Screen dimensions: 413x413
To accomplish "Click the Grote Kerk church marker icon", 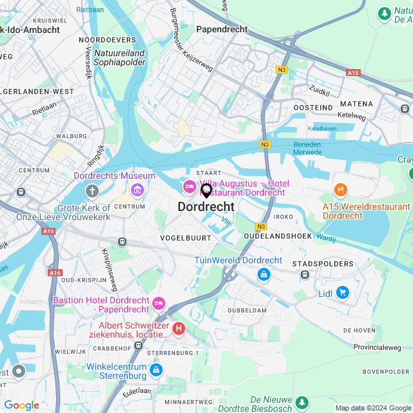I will pyautogui.click(x=92, y=192).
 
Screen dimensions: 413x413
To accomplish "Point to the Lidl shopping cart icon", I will pyautogui.click(x=342, y=293).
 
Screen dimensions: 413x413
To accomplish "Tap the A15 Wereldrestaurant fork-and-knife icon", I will pyautogui.click(x=340, y=190).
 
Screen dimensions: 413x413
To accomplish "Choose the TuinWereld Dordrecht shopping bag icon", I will pyautogui.click(x=263, y=275).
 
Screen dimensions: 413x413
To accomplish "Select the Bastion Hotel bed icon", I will pyautogui.click(x=159, y=302).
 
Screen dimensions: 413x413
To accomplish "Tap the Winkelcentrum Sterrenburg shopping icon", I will pyautogui.click(x=156, y=370).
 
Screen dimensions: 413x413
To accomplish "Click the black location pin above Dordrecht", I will pyautogui.click(x=206, y=190).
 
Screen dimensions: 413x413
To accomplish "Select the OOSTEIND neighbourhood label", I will pyautogui.click(x=313, y=106).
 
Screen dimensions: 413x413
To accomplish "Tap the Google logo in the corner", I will pyautogui.click(x=22, y=405).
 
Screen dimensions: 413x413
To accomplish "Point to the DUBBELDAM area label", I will pyautogui.click(x=247, y=310).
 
